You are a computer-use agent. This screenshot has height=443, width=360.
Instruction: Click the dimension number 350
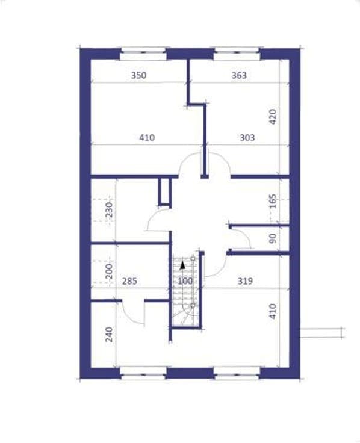click(x=138, y=75)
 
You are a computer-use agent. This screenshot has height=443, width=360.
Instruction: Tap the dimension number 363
click(x=239, y=75)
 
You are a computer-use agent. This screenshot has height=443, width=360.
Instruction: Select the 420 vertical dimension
click(x=272, y=117)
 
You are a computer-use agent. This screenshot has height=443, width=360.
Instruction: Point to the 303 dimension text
click(x=247, y=138)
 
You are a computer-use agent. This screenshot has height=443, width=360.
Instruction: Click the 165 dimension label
click(x=273, y=201)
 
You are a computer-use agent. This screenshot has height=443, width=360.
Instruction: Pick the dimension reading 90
click(x=273, y=238)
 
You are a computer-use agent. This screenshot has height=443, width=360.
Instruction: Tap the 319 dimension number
click(x=245, y=281)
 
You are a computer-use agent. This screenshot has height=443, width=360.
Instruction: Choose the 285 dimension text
click(x=129, y=281)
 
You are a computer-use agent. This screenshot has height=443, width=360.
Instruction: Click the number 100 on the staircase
click(x=185, y=281)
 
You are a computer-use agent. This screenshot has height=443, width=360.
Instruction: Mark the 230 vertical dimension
click(x=109, y=209)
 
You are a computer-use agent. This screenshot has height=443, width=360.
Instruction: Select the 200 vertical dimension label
click(x=109, y=271)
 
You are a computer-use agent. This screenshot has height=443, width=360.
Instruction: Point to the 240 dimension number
click(x=109, y=335)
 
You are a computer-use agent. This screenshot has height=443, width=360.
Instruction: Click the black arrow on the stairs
click(x=182, y=265)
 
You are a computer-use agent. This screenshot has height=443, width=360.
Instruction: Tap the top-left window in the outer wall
click(x=143, y=54)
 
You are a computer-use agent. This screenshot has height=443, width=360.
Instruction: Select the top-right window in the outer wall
click(x=237, y=54)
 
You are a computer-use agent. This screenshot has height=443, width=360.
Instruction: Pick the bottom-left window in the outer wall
click(x=143, y=373)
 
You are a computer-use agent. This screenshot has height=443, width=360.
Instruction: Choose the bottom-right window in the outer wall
click(x=237, y=373)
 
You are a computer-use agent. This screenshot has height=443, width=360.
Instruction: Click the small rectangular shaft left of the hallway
click(x=165, y=191)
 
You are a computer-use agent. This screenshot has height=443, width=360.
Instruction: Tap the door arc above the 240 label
click(x=129, y=317)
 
